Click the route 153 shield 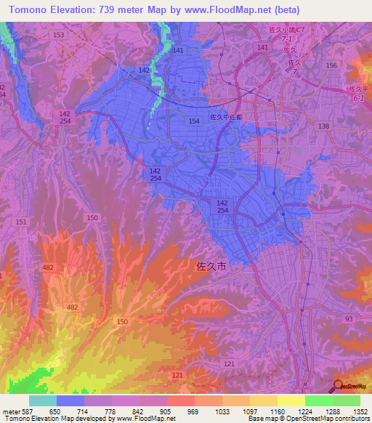[x=58, y=35]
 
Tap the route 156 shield [x=332, y=65]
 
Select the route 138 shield [x=323, y=126]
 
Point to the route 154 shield [x=194, y=121]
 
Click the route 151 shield [x=22, y=222]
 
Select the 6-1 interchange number [x=358, y=97]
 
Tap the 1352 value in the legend [x=360, y=411]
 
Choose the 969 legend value [x=193, y=411]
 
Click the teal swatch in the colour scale [x=43, y=400]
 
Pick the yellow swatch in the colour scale [x=291, y=400]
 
